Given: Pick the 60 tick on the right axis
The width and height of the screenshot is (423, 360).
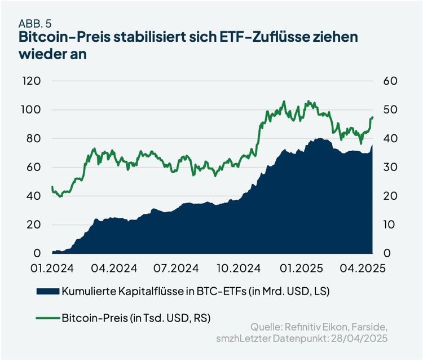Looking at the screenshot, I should click(391, 81).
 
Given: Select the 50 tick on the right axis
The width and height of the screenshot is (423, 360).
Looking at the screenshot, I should click(391, 109).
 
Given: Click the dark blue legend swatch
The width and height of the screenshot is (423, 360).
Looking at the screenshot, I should click(49, 291).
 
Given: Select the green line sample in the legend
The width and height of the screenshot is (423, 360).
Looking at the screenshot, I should click(49, 318).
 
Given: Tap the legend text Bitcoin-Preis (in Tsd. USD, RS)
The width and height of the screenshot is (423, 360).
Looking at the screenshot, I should click(137, 318).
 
